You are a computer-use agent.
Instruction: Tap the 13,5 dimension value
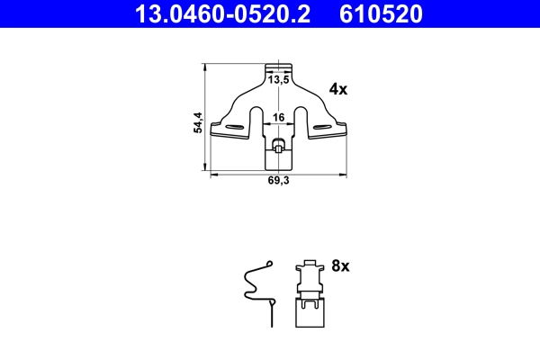279,80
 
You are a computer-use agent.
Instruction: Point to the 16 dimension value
279,116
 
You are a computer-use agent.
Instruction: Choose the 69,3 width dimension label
279,181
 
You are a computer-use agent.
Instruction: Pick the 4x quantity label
337,89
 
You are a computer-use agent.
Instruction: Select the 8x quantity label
340,266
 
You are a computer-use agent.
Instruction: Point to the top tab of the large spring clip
280,67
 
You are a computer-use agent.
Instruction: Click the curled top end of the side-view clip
268,263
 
